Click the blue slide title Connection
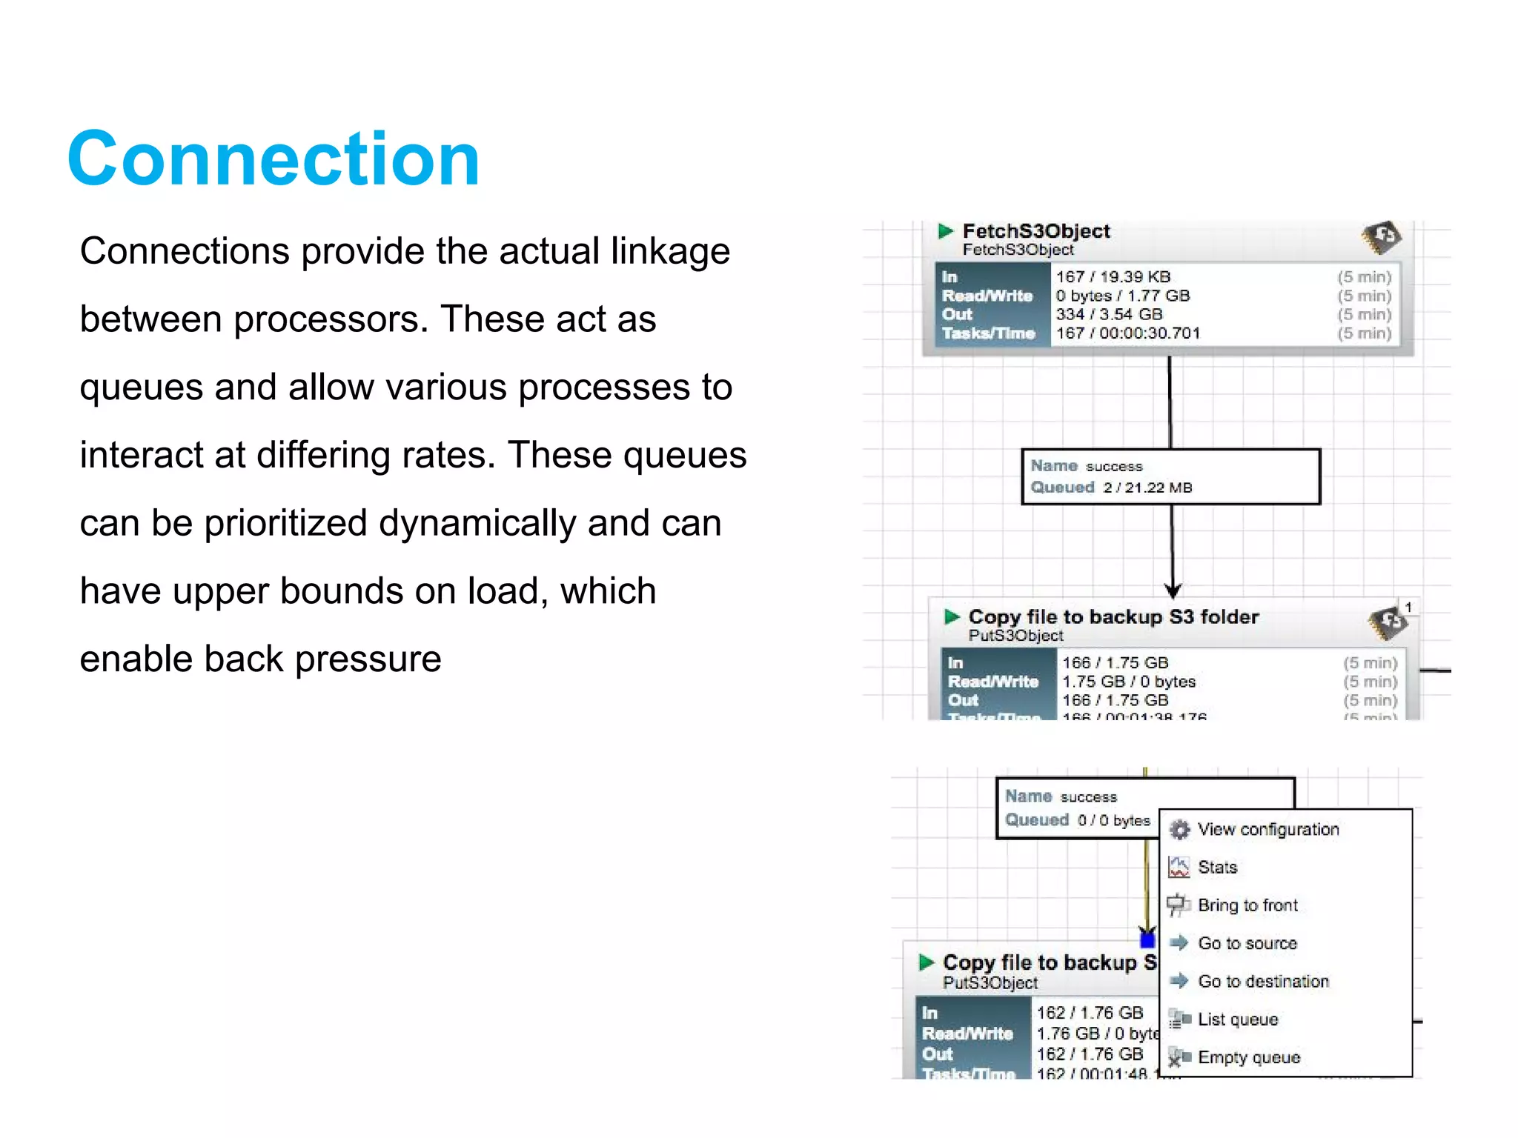pyautogui.click(x=274, y=159)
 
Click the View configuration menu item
pyautogui.click(x=1267, y=829)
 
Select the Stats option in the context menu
pyautogui.click(x=1217, y=867)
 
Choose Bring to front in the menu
pyautogui.click(x=1247, y=905)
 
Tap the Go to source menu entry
pyautogui.click(x=1247, y=943)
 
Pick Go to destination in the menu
pyautogui.click(x=1263, y=981)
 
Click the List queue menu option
pyautogui.click(x=1237, y=1019)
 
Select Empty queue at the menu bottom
pyautogui.click(x=1248, y=1057)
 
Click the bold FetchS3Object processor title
pyautogui.click(x=1035, y=231)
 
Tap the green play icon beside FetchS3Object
pyautogui.click(x=945, y=231)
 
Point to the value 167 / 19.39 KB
pyautogui.click(x=1113, y=277)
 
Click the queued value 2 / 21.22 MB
pyautogui.click(x=1147, y=488)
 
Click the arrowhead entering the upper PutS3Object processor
pyautogui.click(x=1173, y=590)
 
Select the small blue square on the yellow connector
pyautogui.click(x=1147, y=940)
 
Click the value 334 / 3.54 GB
pyautogui.click(x=1109, y=314)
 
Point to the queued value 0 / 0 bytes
pyautogui.click(x=1113, y=820)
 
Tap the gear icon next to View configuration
pyautogui.click(x=1179, y=830)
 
